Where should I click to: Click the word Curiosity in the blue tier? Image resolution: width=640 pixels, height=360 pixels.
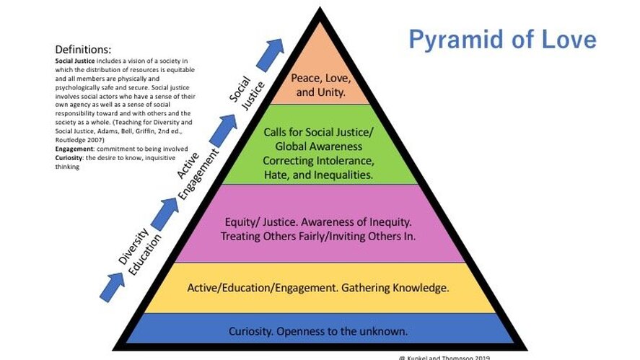coord(252,332)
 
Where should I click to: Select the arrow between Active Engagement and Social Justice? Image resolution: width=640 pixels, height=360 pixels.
coord(224,130)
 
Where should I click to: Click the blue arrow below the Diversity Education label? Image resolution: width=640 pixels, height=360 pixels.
coord(113,286)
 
